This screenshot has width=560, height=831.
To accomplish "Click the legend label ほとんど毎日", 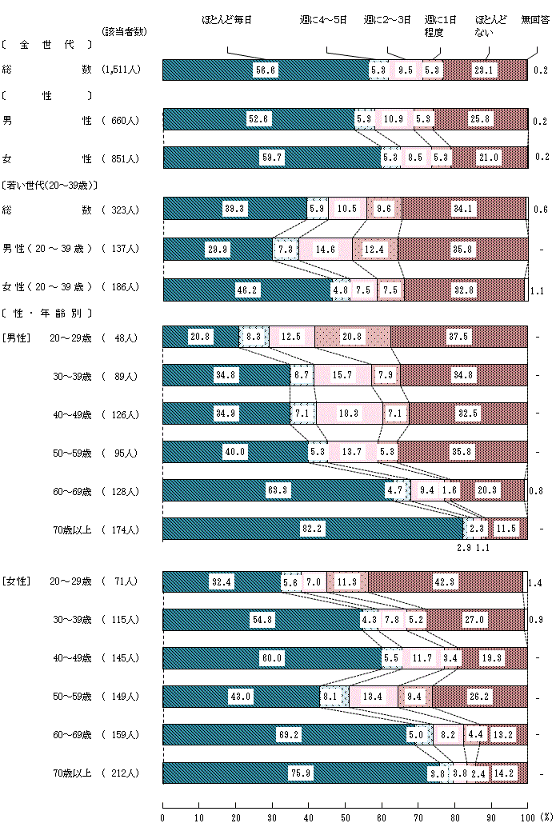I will [226, 18].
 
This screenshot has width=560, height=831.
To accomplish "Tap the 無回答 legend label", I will [534, 18].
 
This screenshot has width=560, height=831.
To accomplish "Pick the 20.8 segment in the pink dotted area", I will [353, 338].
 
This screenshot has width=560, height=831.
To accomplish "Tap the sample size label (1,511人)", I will [122, 70].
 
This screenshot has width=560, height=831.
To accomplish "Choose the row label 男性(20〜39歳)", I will [47, 249].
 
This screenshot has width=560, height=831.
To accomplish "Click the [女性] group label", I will [16, 581].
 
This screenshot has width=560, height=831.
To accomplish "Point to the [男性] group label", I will [16, 338].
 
